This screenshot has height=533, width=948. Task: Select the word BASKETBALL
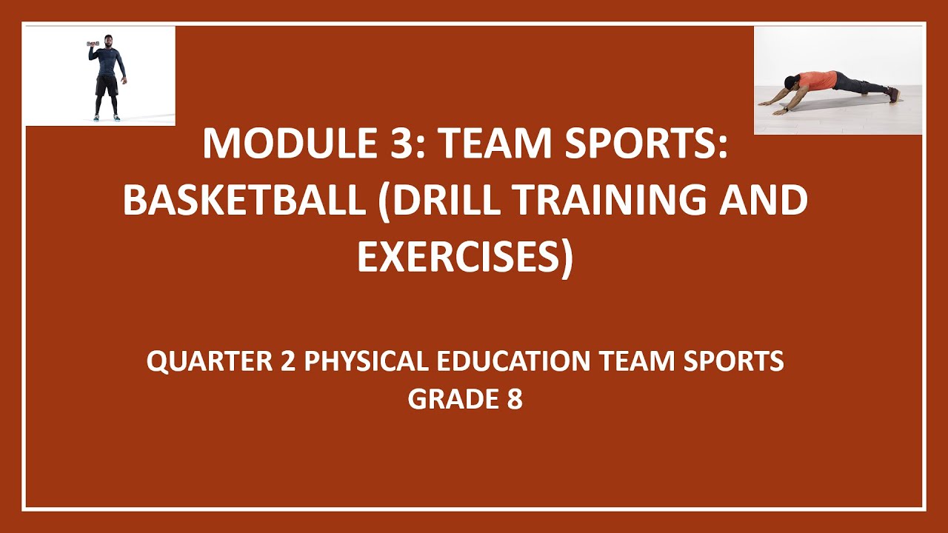tap(245, 201)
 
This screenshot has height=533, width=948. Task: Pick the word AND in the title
tap(767, 201)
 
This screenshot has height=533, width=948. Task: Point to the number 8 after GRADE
tap(515, 399)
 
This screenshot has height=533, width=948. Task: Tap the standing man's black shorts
tap(107, 85)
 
